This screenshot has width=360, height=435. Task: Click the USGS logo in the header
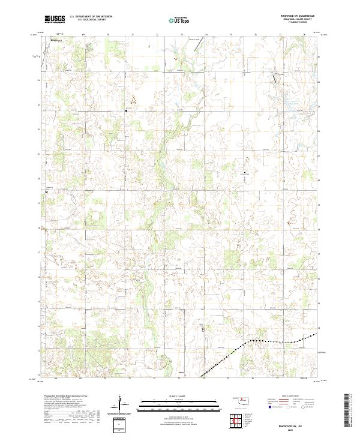click(x=55, y=20)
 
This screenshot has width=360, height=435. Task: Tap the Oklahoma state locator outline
click(x=242, y=400)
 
